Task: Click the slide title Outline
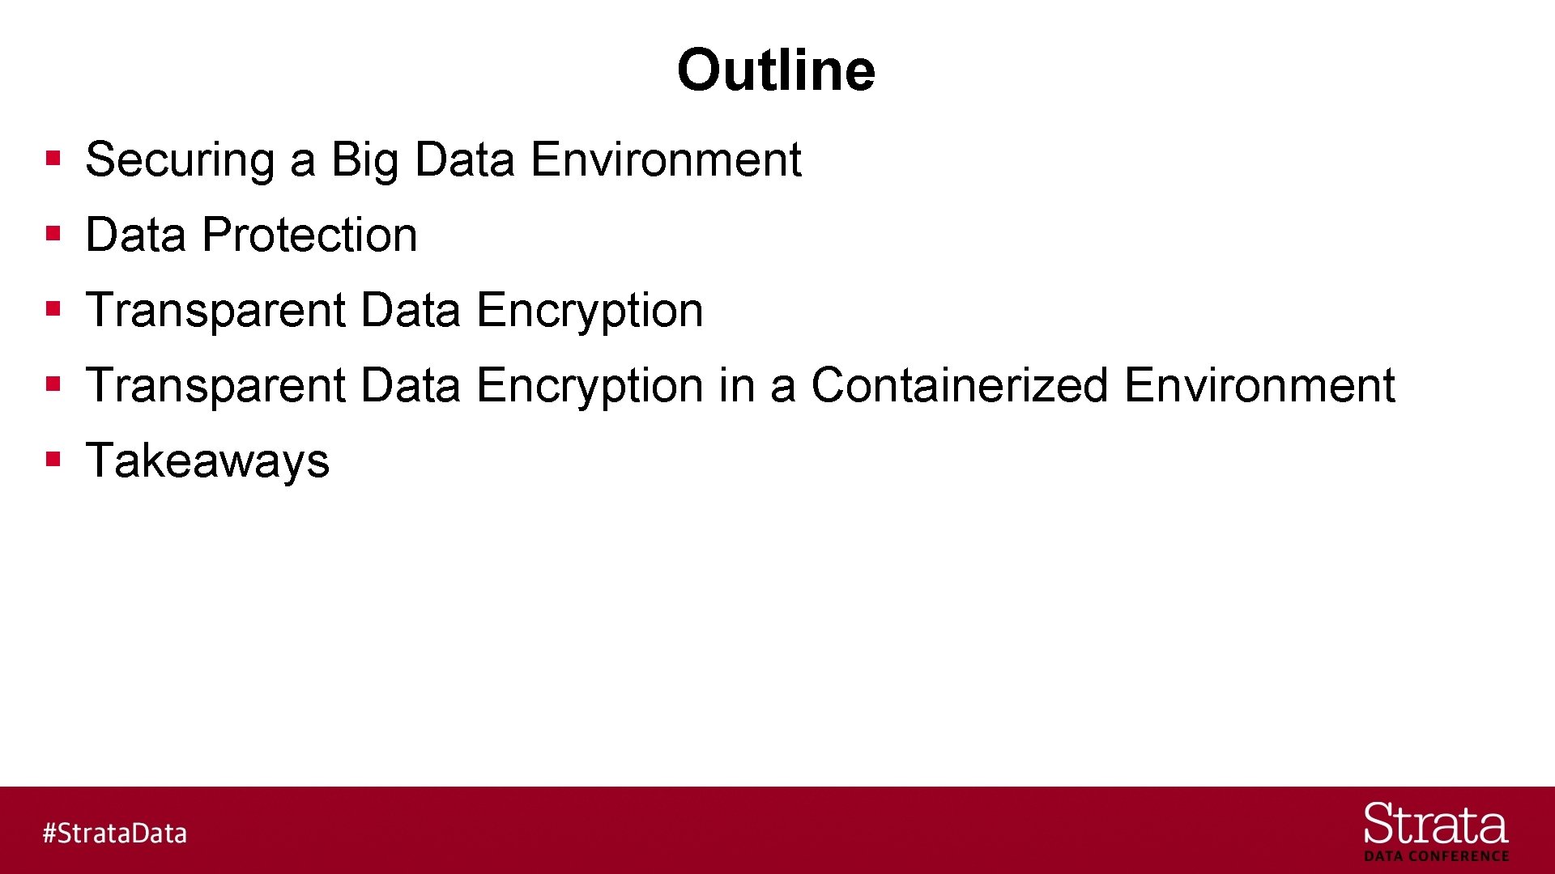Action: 776,70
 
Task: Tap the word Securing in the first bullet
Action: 180,159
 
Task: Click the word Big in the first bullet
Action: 364,159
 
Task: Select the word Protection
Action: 309,235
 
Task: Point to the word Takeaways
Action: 207,460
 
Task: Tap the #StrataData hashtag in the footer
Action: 114,833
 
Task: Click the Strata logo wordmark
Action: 1435,825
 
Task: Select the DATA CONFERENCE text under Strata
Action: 1436,856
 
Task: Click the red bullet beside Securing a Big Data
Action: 53,158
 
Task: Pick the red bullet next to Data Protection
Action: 53,234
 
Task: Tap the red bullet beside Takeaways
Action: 53,460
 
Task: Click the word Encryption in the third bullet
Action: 590,310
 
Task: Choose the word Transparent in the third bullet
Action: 215,310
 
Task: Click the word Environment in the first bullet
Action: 666,159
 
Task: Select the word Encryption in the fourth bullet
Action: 590,385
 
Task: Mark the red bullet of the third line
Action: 53,309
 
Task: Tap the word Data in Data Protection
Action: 135,235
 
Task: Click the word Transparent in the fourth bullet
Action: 215,385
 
